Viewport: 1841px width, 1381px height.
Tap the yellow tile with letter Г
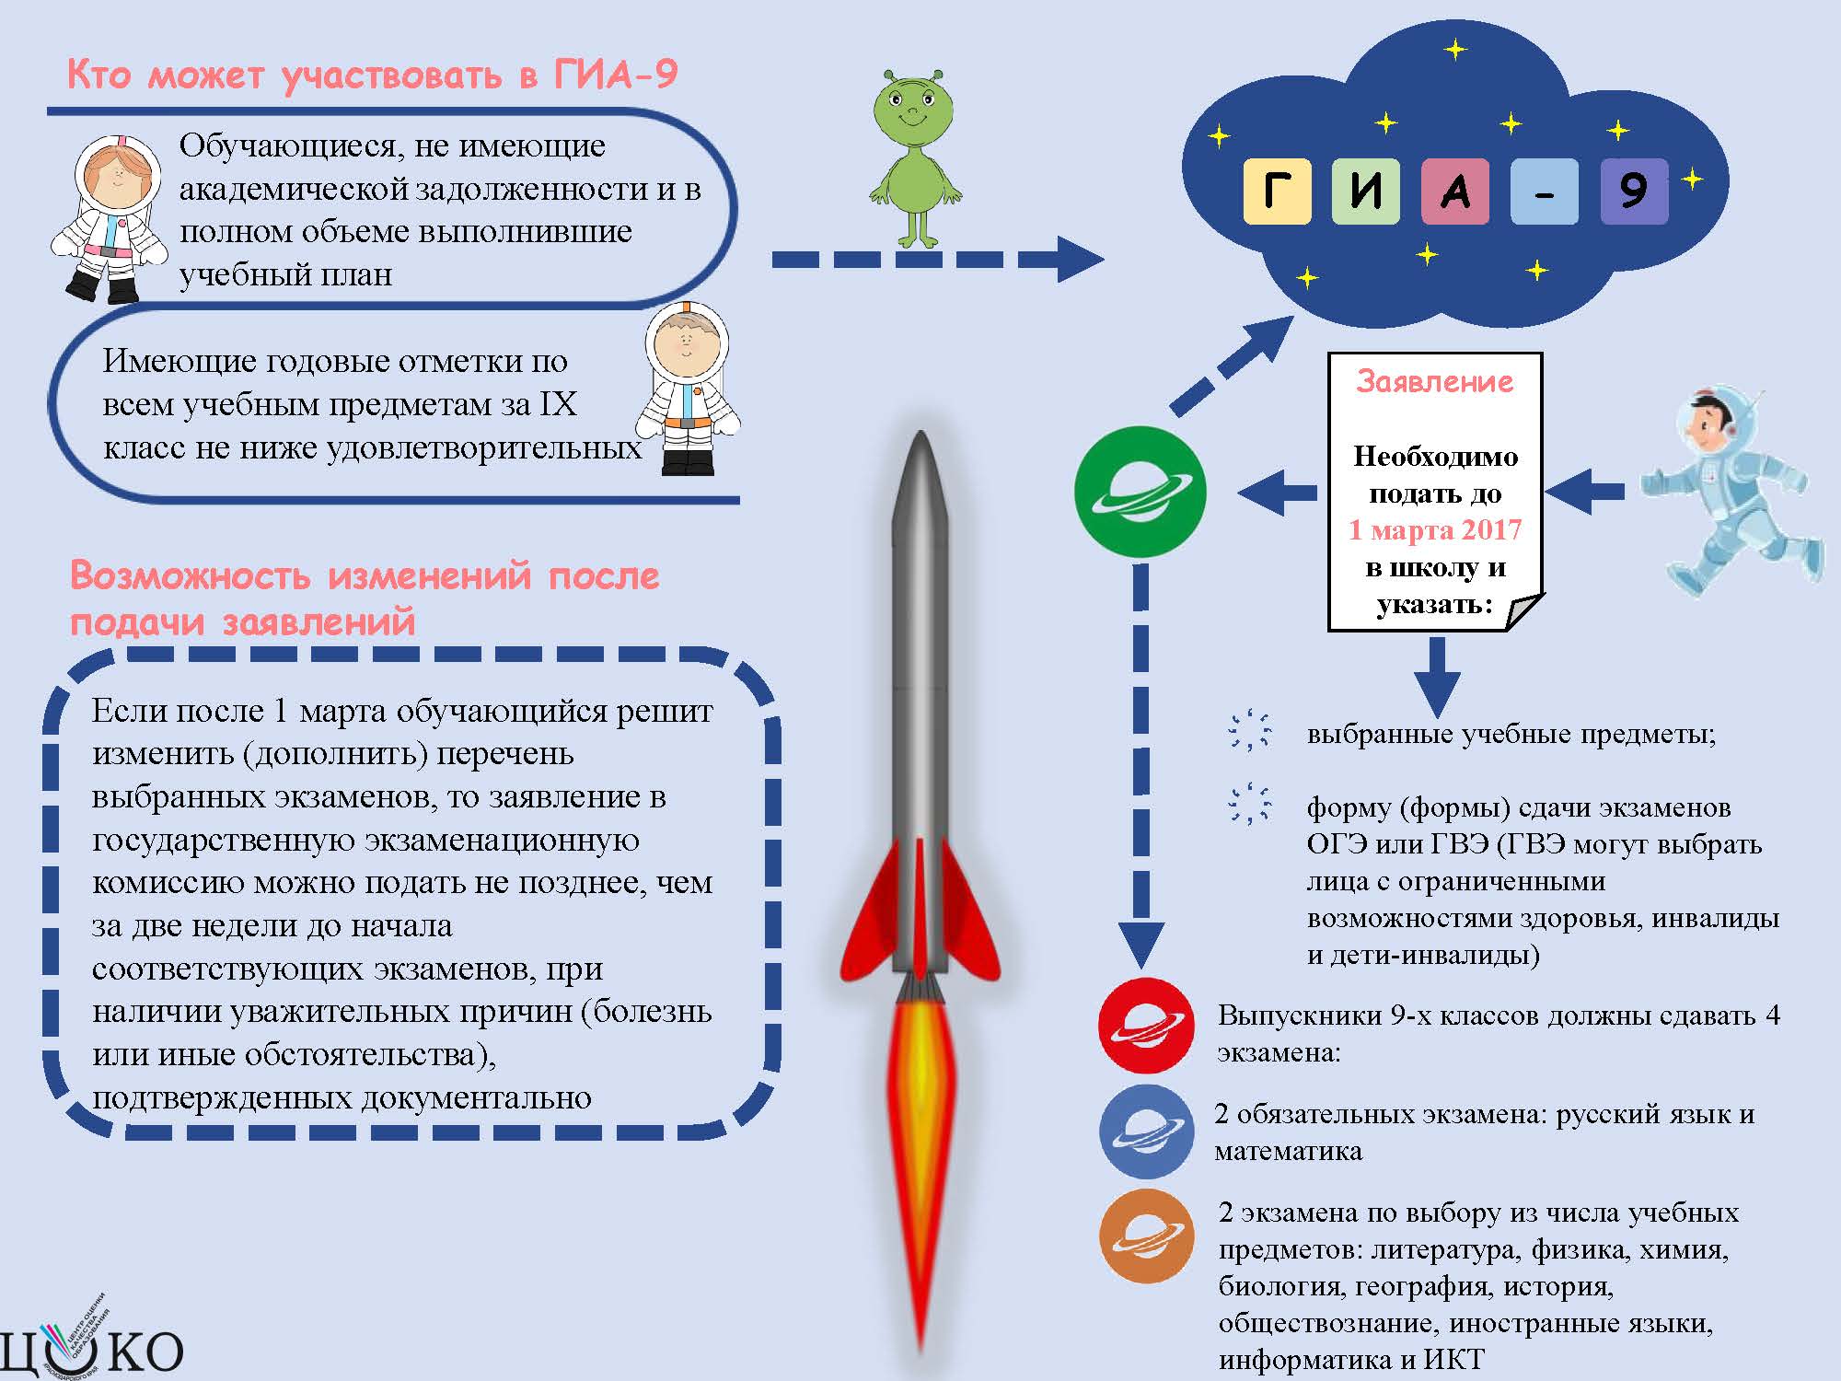1277,191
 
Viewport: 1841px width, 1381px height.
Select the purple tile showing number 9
1634,191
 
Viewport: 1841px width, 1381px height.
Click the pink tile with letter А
1455,191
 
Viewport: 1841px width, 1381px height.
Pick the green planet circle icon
1140,491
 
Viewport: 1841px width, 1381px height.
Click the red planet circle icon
1146,1026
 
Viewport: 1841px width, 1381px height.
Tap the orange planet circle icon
1146,1236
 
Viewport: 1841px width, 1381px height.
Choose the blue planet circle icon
1146,1131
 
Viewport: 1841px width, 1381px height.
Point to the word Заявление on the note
1435,381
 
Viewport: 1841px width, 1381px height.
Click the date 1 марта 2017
1435,530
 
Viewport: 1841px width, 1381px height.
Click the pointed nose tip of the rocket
920,432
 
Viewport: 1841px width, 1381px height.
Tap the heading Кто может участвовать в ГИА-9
372,74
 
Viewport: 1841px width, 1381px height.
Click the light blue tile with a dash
1545,191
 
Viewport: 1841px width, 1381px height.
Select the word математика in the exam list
1288,1152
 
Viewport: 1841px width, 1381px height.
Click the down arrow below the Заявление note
1436,678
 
